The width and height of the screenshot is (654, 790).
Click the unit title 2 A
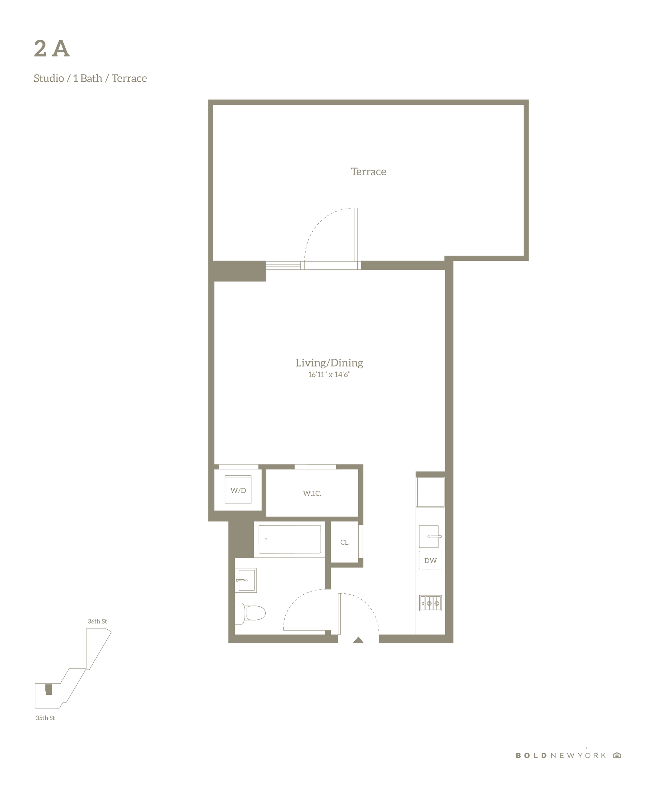tap(51, 49)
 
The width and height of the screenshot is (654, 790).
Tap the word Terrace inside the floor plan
tap(368, 172)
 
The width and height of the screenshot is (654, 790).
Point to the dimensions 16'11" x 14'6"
tap(329, 374)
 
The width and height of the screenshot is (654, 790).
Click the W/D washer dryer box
tap(238, 489)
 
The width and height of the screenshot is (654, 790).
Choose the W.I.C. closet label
tap(312, 493)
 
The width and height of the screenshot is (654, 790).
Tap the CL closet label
tap(344, 542)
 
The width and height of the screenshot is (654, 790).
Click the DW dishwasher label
tap(430, 561)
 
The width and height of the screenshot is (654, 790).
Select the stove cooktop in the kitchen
tap(430, 603)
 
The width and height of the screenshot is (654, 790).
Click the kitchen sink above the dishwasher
tap(429, 536)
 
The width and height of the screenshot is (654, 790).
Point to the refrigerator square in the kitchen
tap(430, 492)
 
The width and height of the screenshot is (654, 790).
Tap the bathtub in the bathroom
tap(290, 539)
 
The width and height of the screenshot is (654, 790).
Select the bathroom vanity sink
tap(246, 580)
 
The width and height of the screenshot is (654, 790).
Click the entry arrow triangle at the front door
tap(358, 640)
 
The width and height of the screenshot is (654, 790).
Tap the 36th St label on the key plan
tap(97, 621)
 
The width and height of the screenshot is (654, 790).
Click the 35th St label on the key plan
tap(45, 718)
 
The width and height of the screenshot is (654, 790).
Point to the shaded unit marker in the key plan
tap(48, 690)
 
